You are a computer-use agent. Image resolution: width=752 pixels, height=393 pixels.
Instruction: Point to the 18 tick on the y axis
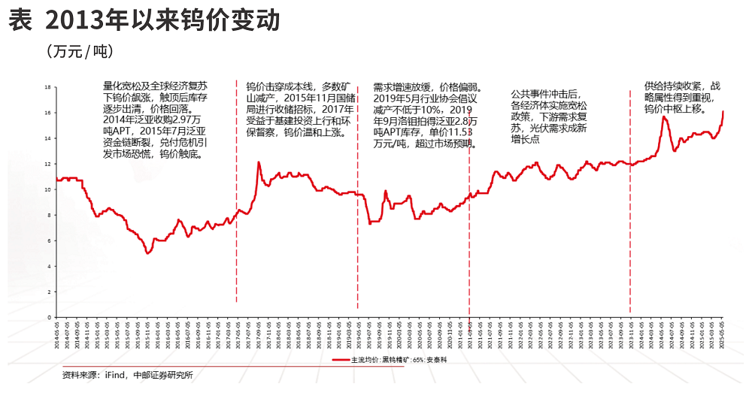coord(47,87)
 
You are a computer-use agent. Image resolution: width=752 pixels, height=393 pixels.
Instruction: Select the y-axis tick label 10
coord(47,189)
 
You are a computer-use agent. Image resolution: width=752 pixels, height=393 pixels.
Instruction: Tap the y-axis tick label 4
coord(48,266)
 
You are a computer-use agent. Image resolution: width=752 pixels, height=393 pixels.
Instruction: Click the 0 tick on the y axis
coord(48,317)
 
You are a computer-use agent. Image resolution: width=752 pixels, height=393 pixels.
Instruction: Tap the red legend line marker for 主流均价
coord(340,359)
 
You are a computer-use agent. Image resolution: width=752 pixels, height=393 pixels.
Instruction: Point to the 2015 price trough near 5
coord(148,252)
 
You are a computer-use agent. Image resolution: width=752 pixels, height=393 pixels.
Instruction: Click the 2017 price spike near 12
coord(259,162)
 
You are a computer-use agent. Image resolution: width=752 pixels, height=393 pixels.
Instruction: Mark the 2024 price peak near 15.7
coord(665,117)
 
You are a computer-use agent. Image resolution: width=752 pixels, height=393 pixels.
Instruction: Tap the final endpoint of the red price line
coord(723,111)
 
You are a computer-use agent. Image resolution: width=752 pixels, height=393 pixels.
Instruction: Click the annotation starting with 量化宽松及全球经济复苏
coord(156,120)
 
